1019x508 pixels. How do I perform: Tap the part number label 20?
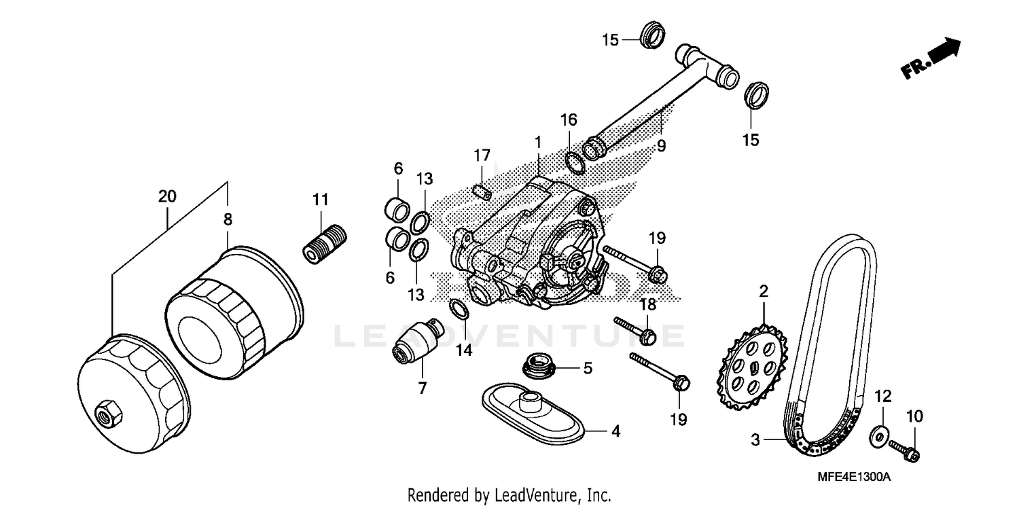tap(167, 197)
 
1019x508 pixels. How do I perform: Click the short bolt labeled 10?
tap(904, 449)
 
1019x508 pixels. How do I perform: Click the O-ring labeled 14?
tap(460, 308)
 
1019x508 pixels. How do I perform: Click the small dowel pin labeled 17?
tap(481, 192)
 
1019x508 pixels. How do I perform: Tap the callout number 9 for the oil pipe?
tap(661, 145)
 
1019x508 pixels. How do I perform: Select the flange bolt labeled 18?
tap(633, 327)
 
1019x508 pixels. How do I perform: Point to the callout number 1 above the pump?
tap(537, 143)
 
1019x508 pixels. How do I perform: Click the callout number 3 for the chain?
tap(755, 440)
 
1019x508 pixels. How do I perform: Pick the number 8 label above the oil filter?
tap(228, 219)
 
